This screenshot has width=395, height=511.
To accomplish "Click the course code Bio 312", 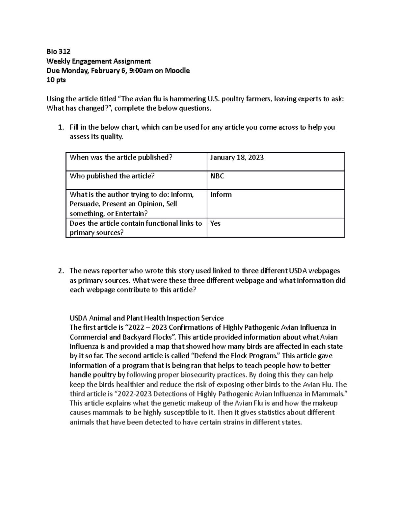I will coord(58,51).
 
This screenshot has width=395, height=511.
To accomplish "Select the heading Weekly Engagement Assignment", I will coord(98,61).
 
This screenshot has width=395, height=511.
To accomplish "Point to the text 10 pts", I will coord(56,80).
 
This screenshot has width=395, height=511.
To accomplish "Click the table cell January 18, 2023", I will coord(237,158).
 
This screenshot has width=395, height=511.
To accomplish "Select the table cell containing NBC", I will coord(217,176).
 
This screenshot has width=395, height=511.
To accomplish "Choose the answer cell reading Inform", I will coord(221,195).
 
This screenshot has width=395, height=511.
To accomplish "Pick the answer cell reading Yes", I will coord(215,223).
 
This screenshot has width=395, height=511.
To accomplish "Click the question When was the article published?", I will coord(121,158).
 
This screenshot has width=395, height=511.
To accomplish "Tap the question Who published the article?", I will coord(112,176).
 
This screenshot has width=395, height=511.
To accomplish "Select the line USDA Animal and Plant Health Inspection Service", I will coord(146,318).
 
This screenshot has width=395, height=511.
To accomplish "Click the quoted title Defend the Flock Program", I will coord(235,356).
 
